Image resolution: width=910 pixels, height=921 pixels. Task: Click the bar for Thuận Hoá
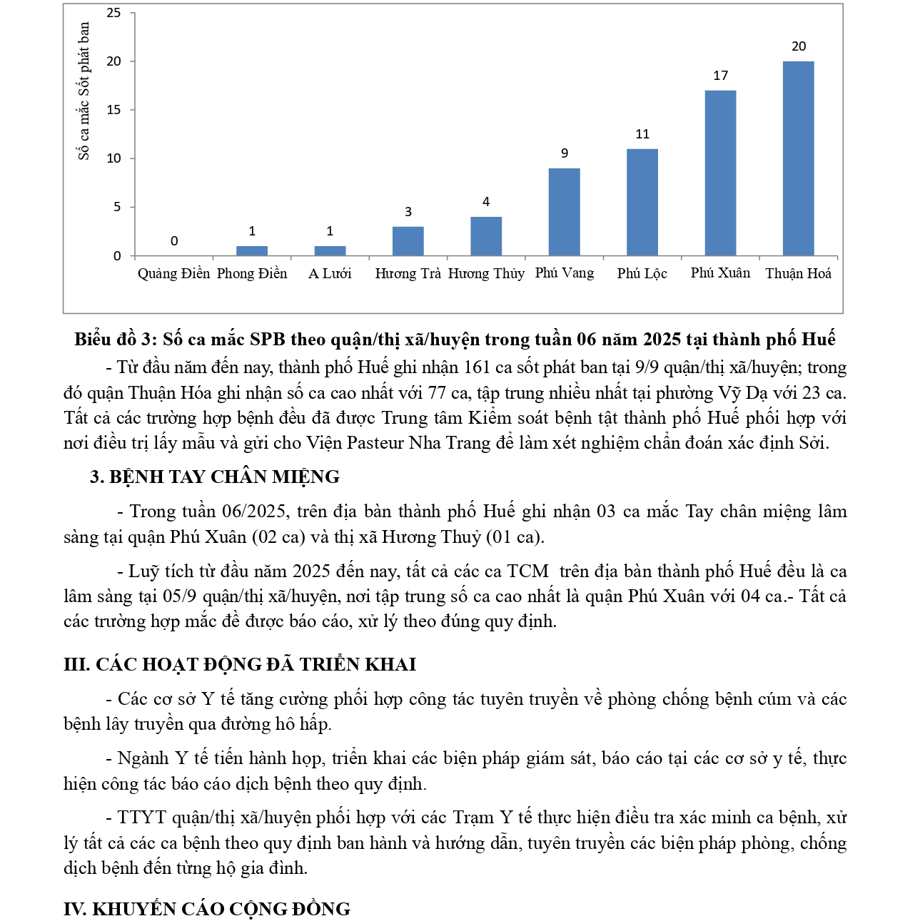[x=798, y=158]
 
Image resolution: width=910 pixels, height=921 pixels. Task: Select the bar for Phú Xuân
[x=720, y=173]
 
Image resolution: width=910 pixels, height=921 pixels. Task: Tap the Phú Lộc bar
[x=642, y=202]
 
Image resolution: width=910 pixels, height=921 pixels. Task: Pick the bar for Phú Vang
[x=564, y=212]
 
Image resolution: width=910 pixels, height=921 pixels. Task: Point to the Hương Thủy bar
[x=486, y=236]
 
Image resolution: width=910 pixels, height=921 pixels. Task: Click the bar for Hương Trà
[x=408, y=241]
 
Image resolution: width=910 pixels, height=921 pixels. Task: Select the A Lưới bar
[x=330, y=251]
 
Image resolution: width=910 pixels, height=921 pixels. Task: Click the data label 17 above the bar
[x=720, y=76]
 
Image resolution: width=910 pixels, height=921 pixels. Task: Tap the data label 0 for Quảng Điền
[x=174, y=241]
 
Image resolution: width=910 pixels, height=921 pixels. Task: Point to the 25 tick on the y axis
[x=114, y=13]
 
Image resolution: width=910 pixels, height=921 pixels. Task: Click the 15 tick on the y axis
[x=114, y=110]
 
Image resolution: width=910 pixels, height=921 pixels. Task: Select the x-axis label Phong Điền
[x=252, y=273]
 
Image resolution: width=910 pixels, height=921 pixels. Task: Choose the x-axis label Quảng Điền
[x=174, y=273]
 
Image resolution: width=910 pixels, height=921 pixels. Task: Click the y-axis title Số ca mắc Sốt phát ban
[x=84, y=91]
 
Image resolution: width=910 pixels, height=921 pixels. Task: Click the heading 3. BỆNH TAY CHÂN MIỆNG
[x=215, y=477]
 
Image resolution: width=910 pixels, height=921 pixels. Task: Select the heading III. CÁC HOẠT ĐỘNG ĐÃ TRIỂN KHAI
[x=240, y=664]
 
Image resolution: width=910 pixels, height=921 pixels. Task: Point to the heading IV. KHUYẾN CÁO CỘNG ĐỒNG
[x=207, y=909]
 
